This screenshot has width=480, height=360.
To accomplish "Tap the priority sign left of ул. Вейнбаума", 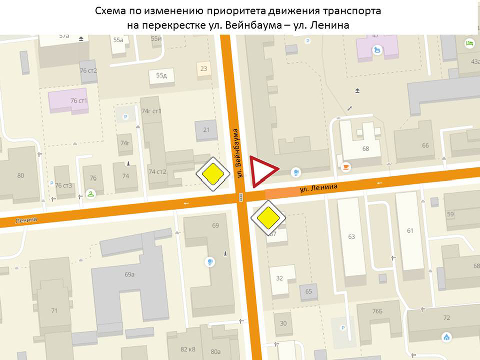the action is tap(213, 173).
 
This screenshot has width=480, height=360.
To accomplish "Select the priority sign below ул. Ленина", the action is tap(268, 217).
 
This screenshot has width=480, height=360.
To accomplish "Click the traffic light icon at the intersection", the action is tap(241, 197).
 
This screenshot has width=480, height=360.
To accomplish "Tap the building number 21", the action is tap(206, 130).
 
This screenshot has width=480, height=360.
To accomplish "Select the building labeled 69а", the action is tap(129, 274).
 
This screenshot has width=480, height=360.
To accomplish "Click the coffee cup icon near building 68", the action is tap(346, 167).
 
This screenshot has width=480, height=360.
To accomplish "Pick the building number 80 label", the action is tap(21, 175).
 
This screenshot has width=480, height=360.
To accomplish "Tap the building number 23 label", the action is tap(204, 69).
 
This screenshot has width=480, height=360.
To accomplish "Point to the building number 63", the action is tap(351, 236).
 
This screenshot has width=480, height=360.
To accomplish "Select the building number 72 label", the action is tap(447, 317).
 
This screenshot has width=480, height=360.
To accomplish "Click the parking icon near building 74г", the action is tap(125, 116).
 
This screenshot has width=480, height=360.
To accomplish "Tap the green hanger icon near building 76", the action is tap(90, 193).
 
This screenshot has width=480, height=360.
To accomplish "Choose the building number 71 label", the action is tap(54, 310).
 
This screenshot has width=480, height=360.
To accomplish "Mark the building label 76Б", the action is tap(377, 311).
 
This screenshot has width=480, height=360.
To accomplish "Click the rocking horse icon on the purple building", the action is tap(377, 49).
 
